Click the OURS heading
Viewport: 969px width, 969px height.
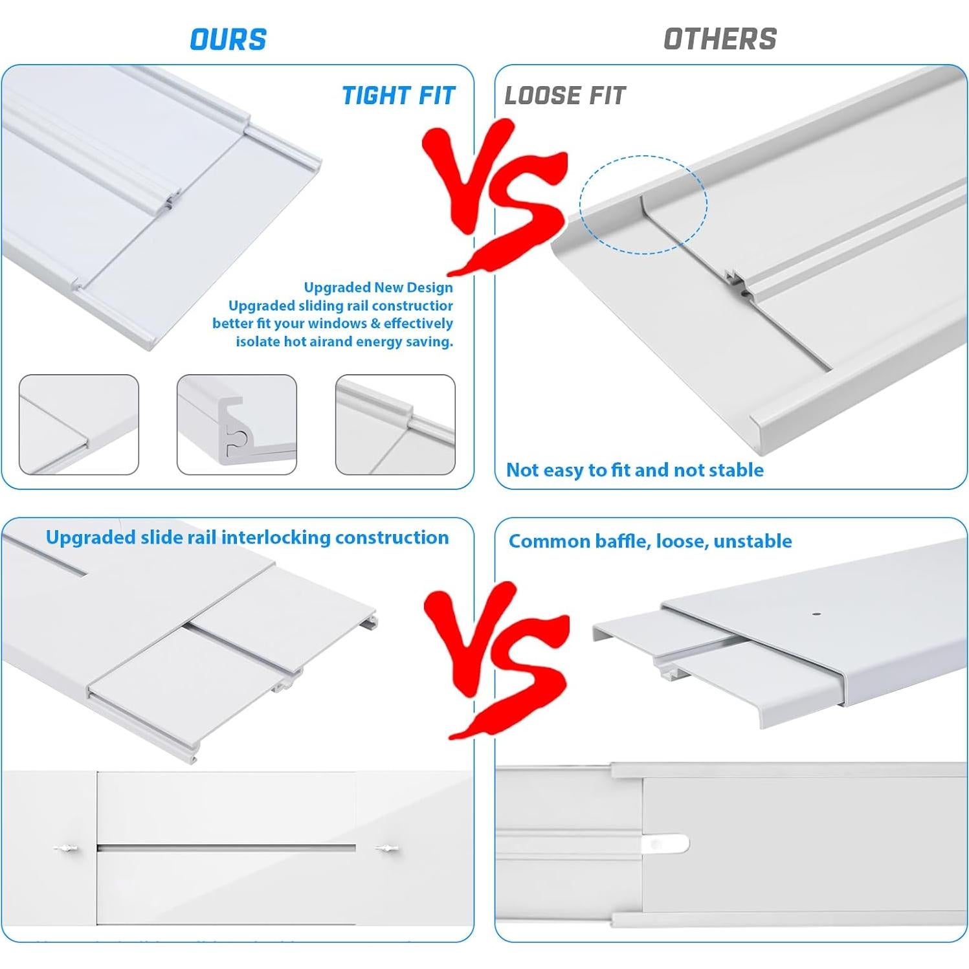(x=228, y=39)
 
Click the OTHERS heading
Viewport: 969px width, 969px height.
(x=720, y=39)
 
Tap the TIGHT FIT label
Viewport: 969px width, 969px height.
(x=398, y=96)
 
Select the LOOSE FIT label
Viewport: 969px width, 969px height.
(x=564, y=96)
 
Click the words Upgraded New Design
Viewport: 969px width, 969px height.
(x=378, y=287)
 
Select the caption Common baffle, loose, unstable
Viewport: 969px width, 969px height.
(x=650, y=541)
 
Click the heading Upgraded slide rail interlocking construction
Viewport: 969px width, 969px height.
(x=247, y=537)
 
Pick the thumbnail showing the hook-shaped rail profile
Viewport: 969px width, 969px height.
(x=236, y=425)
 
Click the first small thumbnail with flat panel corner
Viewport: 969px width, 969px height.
(x=78, y=425)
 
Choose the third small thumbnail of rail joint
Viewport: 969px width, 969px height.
(x=395, y=425)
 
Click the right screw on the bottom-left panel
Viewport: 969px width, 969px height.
(x=386, y=847)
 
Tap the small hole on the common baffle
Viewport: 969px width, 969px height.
(x=816, y=613)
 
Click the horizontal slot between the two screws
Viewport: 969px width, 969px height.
(x=227, y=847)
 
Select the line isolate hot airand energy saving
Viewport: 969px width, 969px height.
(x=344, y=342)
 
